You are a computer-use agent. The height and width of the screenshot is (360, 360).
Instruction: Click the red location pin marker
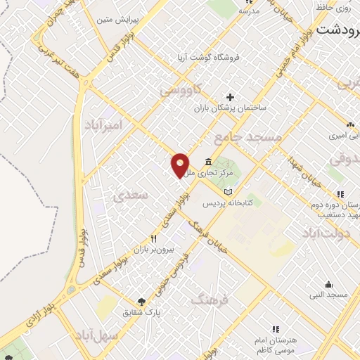(180, 165)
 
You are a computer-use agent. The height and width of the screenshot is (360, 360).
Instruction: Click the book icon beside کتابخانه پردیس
(226, 192)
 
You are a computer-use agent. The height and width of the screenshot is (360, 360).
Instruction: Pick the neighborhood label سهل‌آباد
(115, 335)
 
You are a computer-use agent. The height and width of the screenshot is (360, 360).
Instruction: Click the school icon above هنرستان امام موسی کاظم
(276, 328)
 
